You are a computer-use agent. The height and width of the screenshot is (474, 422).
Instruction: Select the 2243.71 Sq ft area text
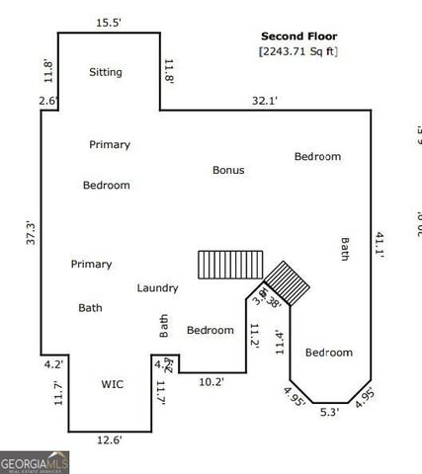coord(297,50)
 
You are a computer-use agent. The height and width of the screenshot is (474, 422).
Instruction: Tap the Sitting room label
coord(106,72)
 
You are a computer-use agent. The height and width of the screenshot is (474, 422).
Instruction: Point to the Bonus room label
coord(228,170)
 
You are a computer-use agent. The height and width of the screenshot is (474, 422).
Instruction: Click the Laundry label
coord(157,288)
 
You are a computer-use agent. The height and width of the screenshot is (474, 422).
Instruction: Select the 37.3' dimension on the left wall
coord(31,233)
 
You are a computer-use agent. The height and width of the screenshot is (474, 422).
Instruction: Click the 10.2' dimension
coord(211,381)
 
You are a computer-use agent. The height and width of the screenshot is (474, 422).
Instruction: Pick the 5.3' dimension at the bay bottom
coord(329,413)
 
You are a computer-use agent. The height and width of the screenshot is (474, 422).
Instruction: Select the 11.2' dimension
coord(254,336)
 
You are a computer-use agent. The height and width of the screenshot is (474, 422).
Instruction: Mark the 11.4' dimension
coord(279,342)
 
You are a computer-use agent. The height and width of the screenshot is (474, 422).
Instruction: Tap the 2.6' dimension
coord(48,101)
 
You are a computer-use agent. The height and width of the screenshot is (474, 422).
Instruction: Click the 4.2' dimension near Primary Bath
coord(52,363)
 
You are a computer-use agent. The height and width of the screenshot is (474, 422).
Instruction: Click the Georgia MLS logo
coord(35,462)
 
